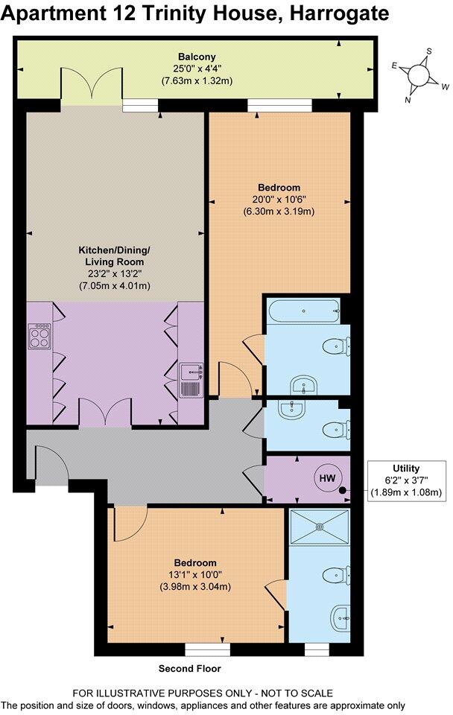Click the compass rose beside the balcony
420,75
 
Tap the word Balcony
196,57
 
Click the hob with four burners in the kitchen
39,337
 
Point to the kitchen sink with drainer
191,380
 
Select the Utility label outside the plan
406,469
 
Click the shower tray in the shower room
321,526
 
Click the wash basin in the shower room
342,614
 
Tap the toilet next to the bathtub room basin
333,346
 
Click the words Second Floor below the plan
189,669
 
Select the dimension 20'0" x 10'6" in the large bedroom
279,199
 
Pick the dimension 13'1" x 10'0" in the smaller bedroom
195,574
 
